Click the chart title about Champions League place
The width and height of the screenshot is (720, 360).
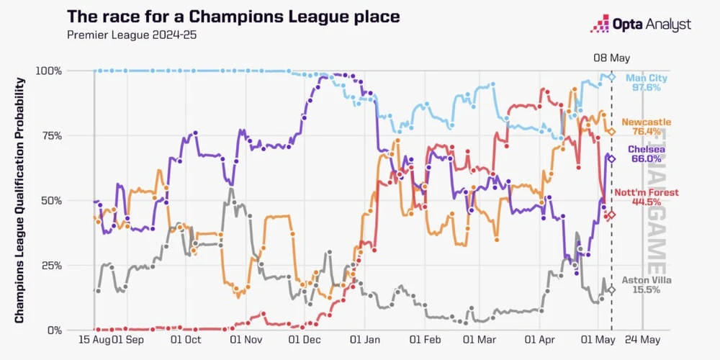pos(233,17)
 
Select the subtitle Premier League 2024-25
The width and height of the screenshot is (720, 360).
pos(132,35)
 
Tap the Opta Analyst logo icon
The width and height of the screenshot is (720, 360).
pos(600,24)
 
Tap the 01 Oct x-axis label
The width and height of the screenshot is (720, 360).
pos(186,341)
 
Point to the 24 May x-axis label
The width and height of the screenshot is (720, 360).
pos(642,341)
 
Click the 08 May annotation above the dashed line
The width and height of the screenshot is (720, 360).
pos(611,58)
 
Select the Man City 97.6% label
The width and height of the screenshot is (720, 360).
pos(646,83)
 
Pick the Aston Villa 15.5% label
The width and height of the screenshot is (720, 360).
pos(641,285)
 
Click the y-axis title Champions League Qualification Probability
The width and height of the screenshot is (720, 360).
pos(19,200)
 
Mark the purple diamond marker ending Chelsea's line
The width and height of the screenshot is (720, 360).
pos(611,159)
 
